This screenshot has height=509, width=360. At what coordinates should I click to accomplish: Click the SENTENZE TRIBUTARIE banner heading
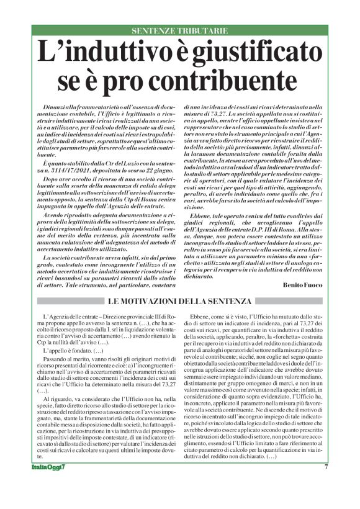tap(179, 30)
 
